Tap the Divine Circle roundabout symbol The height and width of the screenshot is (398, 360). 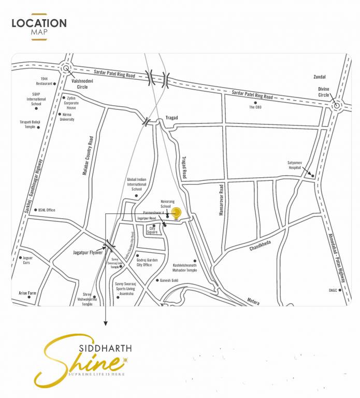[x=336, y=106]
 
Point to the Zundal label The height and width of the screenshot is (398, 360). [x=320, y=77]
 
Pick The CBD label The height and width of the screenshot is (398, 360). [x=255, y=107]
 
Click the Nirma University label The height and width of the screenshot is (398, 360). [x=67, y=117]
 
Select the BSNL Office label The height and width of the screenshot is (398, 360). [x=47, y=210]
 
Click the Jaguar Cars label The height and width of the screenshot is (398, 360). [x=24, y=260]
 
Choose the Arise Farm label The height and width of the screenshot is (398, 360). [x=27, y=293]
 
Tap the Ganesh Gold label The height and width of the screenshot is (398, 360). [x=169, y=280]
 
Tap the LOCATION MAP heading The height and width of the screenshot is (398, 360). [x=39, y=27]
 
